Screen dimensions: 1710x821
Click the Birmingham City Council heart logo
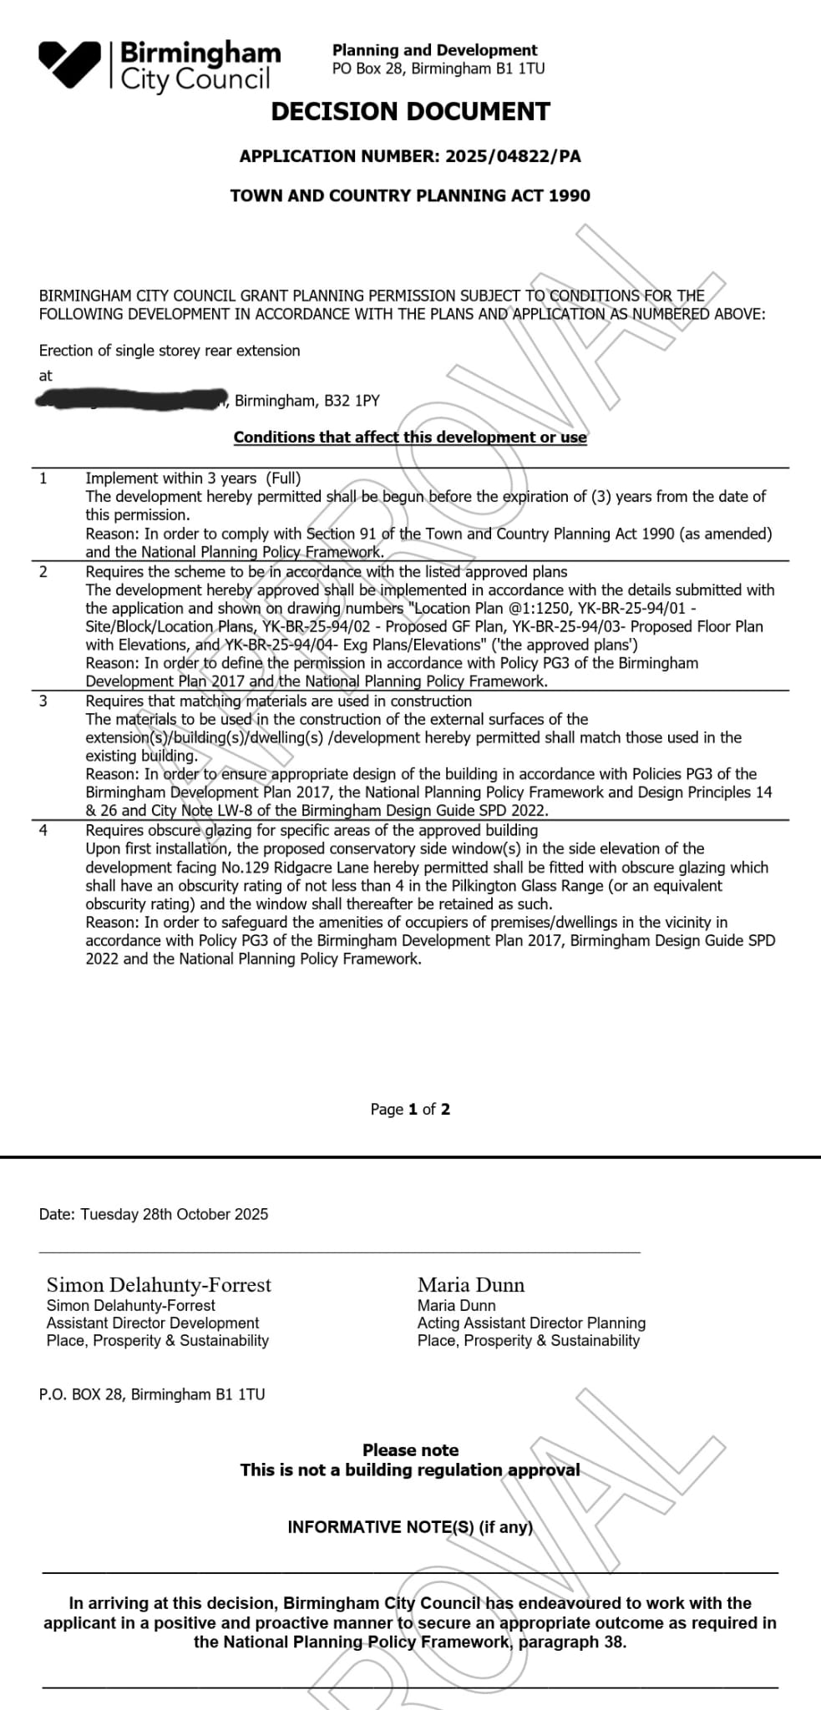tap(70, 63)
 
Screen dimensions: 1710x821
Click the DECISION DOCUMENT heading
tap(410, 112)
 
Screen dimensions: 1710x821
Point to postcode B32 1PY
tap(355, 401)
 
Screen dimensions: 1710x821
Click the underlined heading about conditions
tap(410, 437)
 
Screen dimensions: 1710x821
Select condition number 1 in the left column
tap(43, 478)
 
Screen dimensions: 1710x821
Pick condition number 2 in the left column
tap(43, 571)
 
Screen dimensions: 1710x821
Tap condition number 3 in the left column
tap(43, 701)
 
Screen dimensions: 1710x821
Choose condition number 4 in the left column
tap(43, 830)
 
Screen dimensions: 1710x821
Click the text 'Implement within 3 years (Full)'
tap(193, 478)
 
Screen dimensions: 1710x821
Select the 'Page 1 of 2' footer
tap(410, 1109)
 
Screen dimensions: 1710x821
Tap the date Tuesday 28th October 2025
tap(175, 1214)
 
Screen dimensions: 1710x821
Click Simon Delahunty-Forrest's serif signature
tap(159, 1285)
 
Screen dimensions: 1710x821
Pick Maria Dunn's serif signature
tap(471, 1285)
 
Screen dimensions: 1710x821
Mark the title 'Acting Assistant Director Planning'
tap(531, 1323)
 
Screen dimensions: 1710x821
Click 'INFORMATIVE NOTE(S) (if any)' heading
tap(410, 1527)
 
